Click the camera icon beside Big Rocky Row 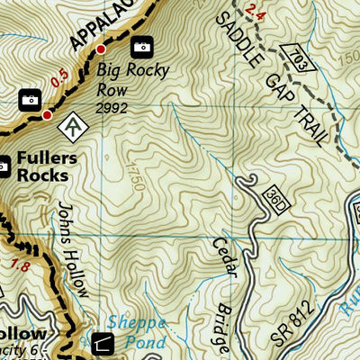click(x=141, y=47)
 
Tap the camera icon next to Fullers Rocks click(x=4, y=164)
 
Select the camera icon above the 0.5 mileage click(x=29, y=97)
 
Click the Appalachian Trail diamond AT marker click(x=70, y=128)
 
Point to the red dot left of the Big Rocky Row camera click(x=101, y=48)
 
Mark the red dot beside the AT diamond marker click(x=47, y=114)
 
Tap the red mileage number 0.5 click(x=59, y=79)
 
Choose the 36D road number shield click(x=274, y=194)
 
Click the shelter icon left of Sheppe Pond click(x=103, y=341)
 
